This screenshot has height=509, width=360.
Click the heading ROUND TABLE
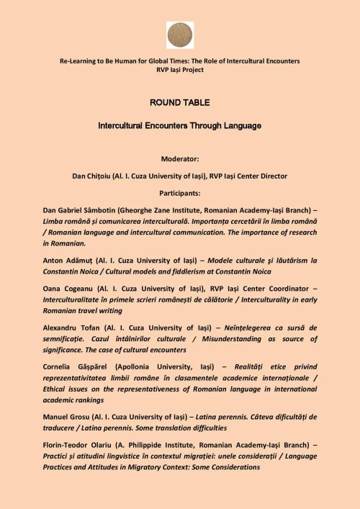(180, 102)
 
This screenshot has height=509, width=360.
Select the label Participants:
(180, 193)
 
